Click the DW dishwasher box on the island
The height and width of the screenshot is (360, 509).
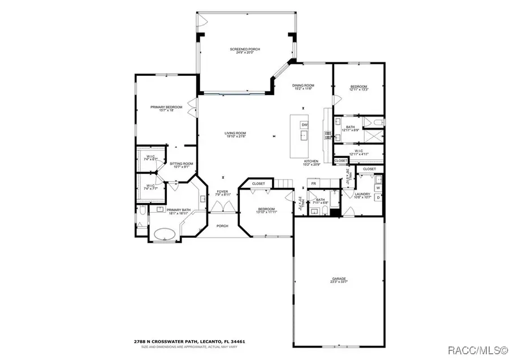click(x=305, y=125)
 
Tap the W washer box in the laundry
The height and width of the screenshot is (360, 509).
click(x=378, y=188)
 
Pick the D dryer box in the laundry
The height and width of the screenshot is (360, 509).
click(x=378, y=197)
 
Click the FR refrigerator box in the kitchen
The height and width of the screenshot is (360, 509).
click(x=313, y=183)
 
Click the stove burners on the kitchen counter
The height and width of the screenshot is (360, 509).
click(x=327, y=135)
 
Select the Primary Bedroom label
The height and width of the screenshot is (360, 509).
click(x=166, y=109)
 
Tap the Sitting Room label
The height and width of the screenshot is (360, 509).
click(x=182, y=165)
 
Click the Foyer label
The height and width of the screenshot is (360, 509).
click(x=222, y=193)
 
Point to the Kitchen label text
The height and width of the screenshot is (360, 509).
click(x=310, y=162)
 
